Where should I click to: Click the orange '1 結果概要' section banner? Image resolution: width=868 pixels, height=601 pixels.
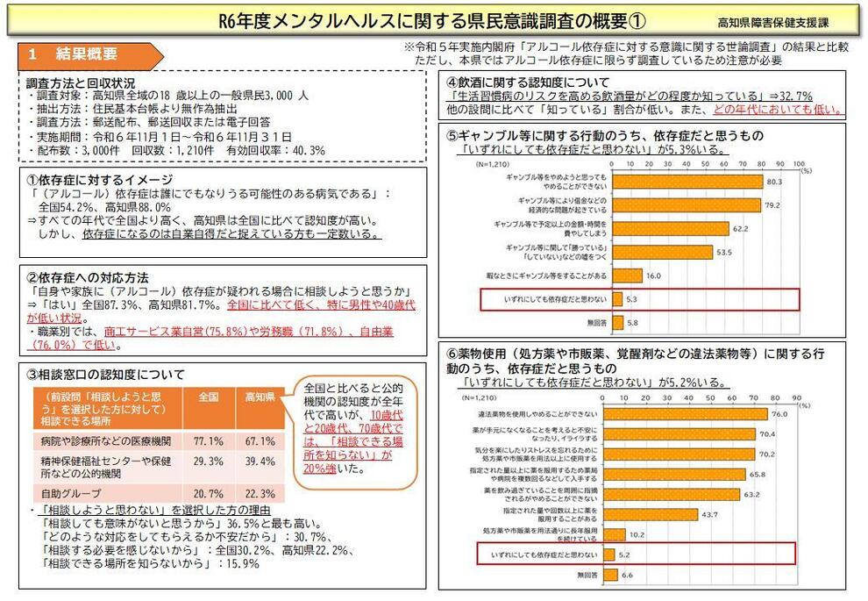83,54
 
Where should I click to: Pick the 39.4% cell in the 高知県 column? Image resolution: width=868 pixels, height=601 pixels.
259,465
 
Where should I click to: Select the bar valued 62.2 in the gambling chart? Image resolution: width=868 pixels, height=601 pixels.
670,228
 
